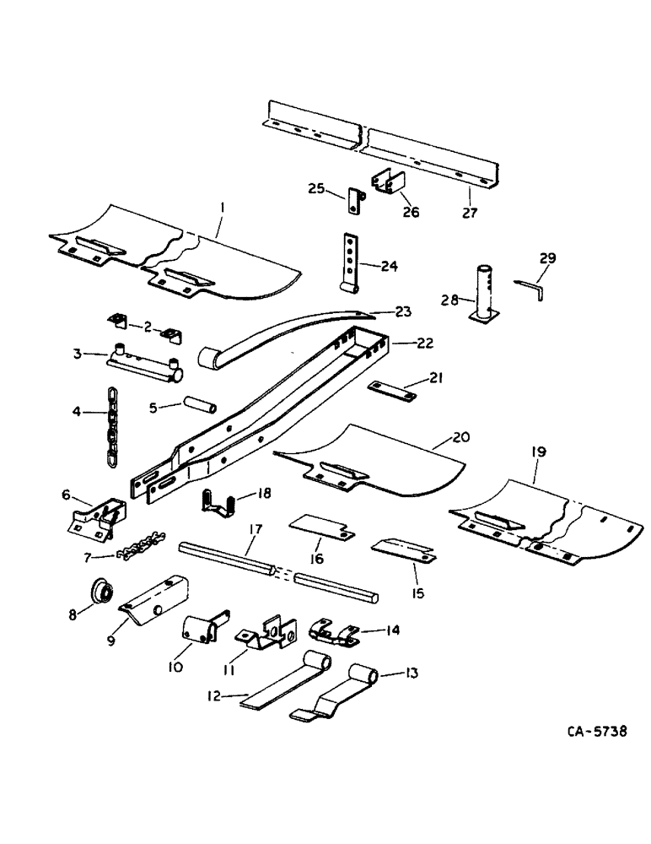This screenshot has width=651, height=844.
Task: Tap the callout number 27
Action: coord(470,213)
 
